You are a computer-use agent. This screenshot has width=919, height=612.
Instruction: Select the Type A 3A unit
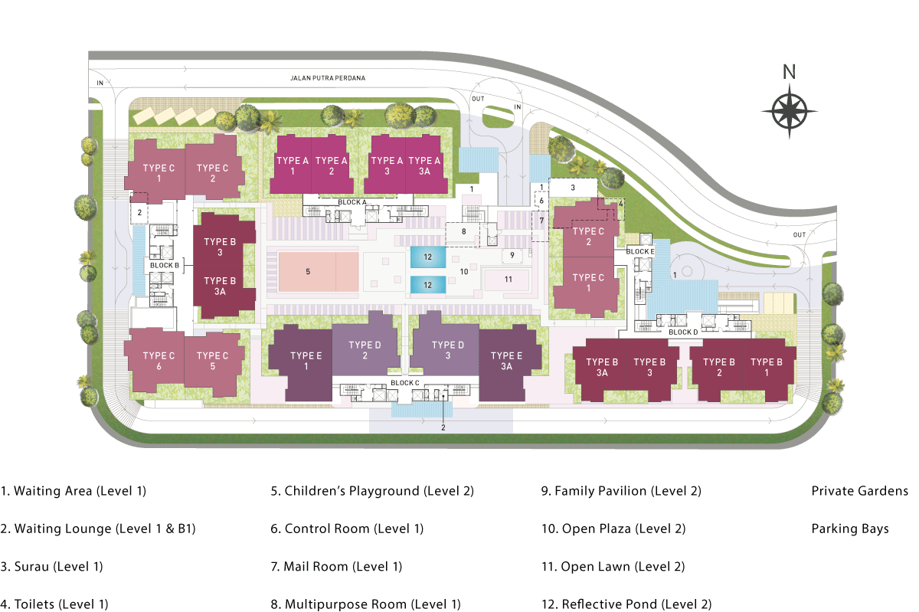tap(424, 165)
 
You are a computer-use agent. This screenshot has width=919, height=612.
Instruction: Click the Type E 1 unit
tap(306, 361)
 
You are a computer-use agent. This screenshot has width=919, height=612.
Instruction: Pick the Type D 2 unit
tap(365, 350)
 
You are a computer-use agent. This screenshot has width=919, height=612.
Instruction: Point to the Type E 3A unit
tap(505, 361)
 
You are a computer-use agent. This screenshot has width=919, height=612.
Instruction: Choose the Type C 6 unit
tap(159, 361)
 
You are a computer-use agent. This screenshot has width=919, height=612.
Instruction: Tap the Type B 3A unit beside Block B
tap(220, 286)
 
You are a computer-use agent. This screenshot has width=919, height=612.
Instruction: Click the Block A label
tap(353, 201)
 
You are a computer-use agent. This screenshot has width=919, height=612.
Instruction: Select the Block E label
tap(640, 251)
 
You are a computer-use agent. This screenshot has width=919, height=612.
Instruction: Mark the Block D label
tap(683, 332)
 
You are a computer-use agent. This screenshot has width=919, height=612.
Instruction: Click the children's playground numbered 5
tap(308, 271)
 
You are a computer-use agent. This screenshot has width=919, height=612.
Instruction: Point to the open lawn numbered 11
tap(508, 279)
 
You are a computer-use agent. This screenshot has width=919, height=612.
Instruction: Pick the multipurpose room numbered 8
tap(463, 231)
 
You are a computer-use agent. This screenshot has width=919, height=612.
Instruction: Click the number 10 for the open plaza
tap(463, 270)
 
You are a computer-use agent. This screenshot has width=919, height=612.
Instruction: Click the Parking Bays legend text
tap(850, 529)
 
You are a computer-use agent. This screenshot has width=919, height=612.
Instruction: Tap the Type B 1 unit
tap(767, 367)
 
